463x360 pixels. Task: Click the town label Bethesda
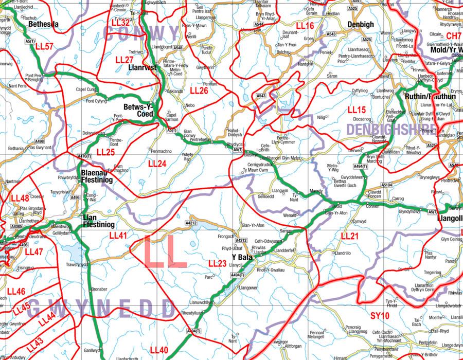pos(44,24)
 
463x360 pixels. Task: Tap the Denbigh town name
pos(361,24)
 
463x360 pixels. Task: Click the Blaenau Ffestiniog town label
pos(97,176)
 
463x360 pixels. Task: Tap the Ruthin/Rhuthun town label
pos(430,96)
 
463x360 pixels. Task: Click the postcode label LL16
pos(305,25)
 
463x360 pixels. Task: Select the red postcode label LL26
pos(199,90)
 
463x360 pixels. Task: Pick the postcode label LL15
pos(357,110)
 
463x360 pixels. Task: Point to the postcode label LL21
pos(350,236)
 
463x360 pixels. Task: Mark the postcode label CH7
pos(454,35)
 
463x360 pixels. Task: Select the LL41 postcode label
pos(118,235)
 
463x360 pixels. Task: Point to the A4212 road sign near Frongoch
pos(241,240)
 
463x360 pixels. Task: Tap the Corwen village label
pos(372,205)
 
